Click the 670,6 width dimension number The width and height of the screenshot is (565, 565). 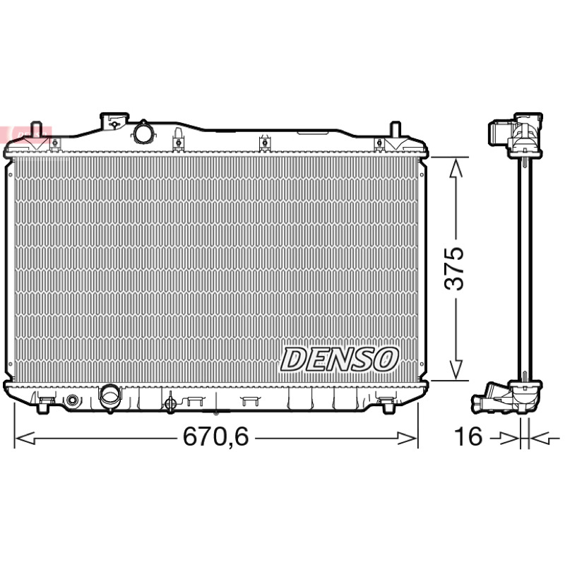tap(215, 436)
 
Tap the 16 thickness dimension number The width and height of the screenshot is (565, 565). tap(468, 436)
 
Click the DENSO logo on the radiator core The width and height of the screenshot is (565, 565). tap(339, 359)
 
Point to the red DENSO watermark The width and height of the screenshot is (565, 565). tap(26, 133)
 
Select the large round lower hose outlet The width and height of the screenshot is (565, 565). tap(111, 398)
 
